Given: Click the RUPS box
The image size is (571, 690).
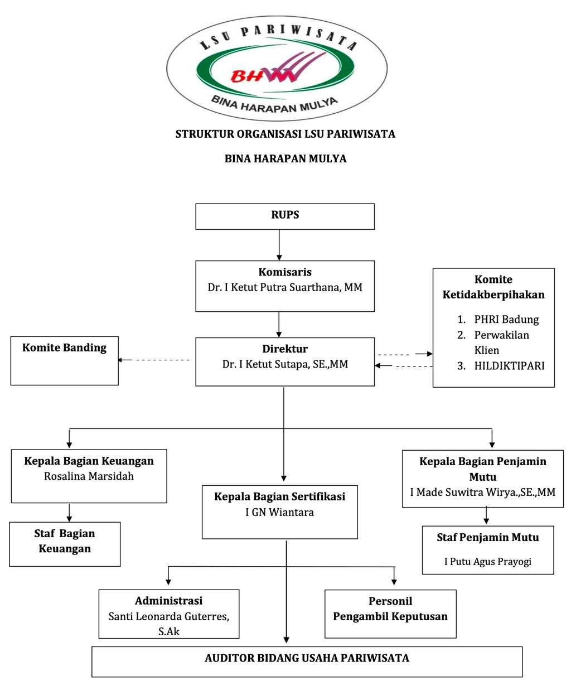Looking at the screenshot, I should coord(285,216).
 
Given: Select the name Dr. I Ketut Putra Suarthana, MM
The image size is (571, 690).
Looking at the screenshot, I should coord(285,287).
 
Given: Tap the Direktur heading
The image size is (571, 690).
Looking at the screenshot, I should coord(285,349).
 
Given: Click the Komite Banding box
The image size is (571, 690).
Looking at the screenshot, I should coord(64,360).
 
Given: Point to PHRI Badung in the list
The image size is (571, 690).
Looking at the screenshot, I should coord(506,320).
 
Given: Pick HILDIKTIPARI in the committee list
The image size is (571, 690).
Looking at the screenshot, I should coord(509,366).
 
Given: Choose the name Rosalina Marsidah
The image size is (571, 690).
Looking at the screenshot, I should coord(89,476).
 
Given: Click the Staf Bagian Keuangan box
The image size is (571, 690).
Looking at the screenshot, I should coord(65,544).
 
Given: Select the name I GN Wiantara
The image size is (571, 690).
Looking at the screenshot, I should coord(279,512).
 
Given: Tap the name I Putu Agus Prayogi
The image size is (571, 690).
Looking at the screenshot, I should coord(487,562).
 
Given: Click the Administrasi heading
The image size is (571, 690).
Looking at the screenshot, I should coord(168,601).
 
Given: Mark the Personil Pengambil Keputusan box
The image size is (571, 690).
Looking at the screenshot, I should coord(390,614).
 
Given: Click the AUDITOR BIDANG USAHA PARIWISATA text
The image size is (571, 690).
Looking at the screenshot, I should coord(307,658).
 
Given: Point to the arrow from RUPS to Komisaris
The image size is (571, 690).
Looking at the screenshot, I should coord(279,245).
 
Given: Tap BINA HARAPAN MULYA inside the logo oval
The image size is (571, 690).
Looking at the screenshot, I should coord(274,104).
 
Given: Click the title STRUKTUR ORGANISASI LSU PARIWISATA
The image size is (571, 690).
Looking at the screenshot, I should coord(285,134).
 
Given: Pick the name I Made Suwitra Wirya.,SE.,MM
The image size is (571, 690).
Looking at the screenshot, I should coord(482,493).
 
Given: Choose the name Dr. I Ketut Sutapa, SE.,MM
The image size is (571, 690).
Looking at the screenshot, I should coord(285,365).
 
